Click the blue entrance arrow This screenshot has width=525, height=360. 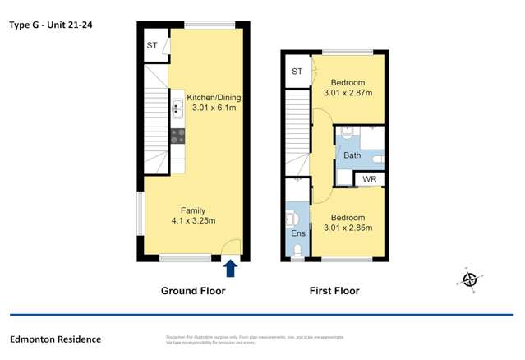[x=230, y=268]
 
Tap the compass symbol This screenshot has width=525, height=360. [x=470, y=279]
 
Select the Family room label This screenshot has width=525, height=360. [x=194, y=210]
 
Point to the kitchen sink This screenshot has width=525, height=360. [x=177, y=108]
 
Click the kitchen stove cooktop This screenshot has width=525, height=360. [x=177, y=136]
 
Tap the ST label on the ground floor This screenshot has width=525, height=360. [x=152, y=45]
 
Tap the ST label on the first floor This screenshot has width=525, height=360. [x=297, y=72]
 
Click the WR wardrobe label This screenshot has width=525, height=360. [x=370, y=178]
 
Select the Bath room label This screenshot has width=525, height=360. [x=352, y=155]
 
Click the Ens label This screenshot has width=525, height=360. [x=297, y=233]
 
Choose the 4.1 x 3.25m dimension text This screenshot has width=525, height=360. [x=194, y=220]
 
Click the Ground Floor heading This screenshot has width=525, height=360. [x=193, y=291]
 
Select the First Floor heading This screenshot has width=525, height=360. [x=334, y=291]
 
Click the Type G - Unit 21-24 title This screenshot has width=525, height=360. [x=51, y=25]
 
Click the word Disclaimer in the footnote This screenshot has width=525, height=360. [x=177, y=337]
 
